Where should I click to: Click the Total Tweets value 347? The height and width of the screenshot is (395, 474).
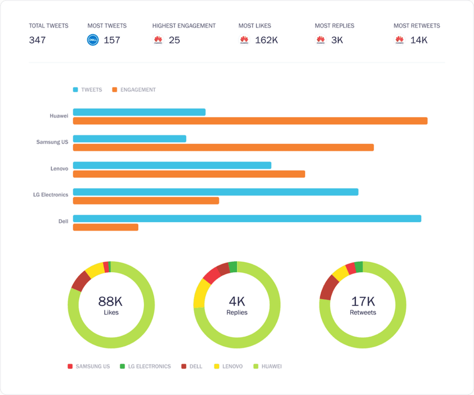pos(37,40)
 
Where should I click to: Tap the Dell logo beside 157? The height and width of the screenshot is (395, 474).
pos(93,40)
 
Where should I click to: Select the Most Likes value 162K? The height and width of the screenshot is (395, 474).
pos(266,40)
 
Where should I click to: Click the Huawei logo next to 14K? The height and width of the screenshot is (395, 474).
pos(399,40)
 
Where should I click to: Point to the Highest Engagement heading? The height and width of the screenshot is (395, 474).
pos(184,26)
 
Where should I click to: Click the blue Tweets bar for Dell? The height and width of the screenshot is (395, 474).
pos(247,219)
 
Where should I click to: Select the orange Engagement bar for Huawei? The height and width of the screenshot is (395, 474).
pos(250,121)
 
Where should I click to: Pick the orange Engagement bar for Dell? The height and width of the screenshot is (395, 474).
pos(106,227)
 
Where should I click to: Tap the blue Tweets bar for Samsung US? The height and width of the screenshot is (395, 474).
pos(130,139)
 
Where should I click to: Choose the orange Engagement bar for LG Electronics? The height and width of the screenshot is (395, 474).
pos(146,200)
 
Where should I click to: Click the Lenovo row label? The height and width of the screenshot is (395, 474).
pos(59,169)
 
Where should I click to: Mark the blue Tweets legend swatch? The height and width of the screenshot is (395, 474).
pos(76,90)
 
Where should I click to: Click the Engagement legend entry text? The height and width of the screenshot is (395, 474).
pos(138,90)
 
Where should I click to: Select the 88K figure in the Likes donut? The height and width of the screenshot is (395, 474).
pos(110,301)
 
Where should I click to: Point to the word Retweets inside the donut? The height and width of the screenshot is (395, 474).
pos(363,312)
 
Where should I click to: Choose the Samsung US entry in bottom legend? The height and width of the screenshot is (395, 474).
pos(93,366)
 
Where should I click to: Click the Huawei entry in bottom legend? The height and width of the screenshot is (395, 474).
pos(271,366)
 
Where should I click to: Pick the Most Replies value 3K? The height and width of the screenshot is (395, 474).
pos(337,40)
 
